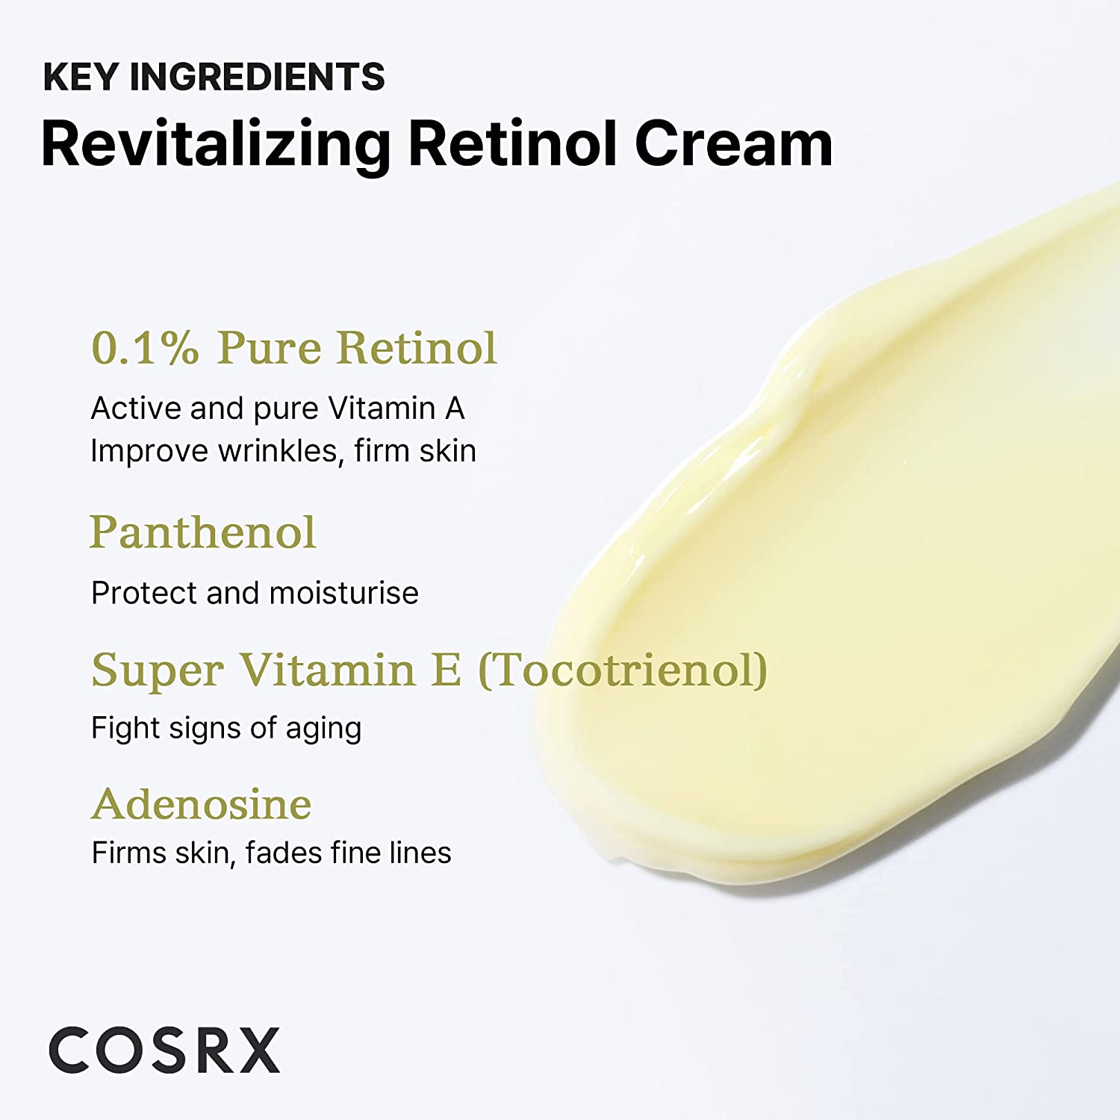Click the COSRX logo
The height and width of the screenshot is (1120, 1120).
coord(164,1051)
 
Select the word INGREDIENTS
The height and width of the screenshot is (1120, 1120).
coord(258,77)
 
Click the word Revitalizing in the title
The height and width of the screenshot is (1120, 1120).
coord(215,144)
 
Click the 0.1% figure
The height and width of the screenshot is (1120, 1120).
coord(145,348)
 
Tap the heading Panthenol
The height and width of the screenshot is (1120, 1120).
coord(202,532)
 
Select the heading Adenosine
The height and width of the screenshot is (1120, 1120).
coord(202,804)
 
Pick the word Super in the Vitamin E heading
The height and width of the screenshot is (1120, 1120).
coord(157,671)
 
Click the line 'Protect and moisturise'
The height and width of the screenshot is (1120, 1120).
coord(255,593)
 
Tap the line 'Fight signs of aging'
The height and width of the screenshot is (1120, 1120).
coord(226,728)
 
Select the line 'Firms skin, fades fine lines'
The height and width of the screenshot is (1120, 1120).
coord(271,853)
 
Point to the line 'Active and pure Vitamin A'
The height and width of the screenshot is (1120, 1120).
coord(278,408)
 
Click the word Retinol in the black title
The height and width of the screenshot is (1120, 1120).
coord(513,144)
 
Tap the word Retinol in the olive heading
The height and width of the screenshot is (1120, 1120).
coord(417,348)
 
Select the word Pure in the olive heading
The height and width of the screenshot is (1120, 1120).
coord(270,348)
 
